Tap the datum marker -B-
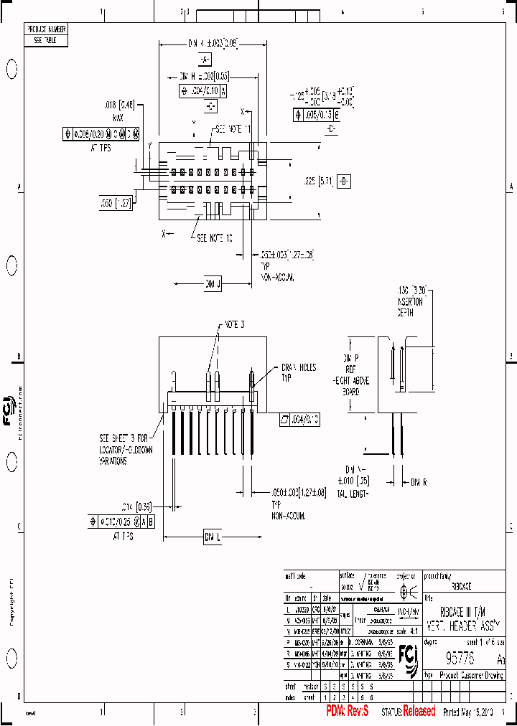[344, 179]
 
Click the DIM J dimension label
[213, 285]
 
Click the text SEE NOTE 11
[233, 130]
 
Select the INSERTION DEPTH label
[411, 301]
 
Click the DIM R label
[418, 483]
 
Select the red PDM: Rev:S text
[348, 712]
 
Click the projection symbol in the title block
[408, 592]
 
